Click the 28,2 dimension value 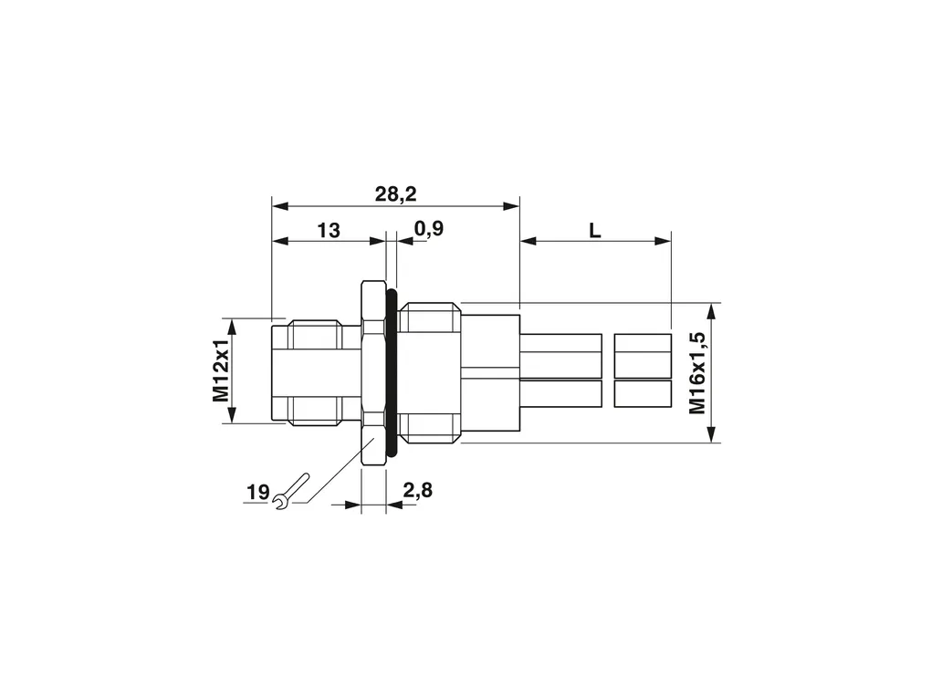[395, 193]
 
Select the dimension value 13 [329, 230]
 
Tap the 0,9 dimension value [429, 228]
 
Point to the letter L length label [595, 230]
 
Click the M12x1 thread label [220, 370]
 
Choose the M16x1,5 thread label [697, 373]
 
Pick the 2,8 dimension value [418, 490]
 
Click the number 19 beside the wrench [257, 492]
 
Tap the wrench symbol [291, 491]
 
